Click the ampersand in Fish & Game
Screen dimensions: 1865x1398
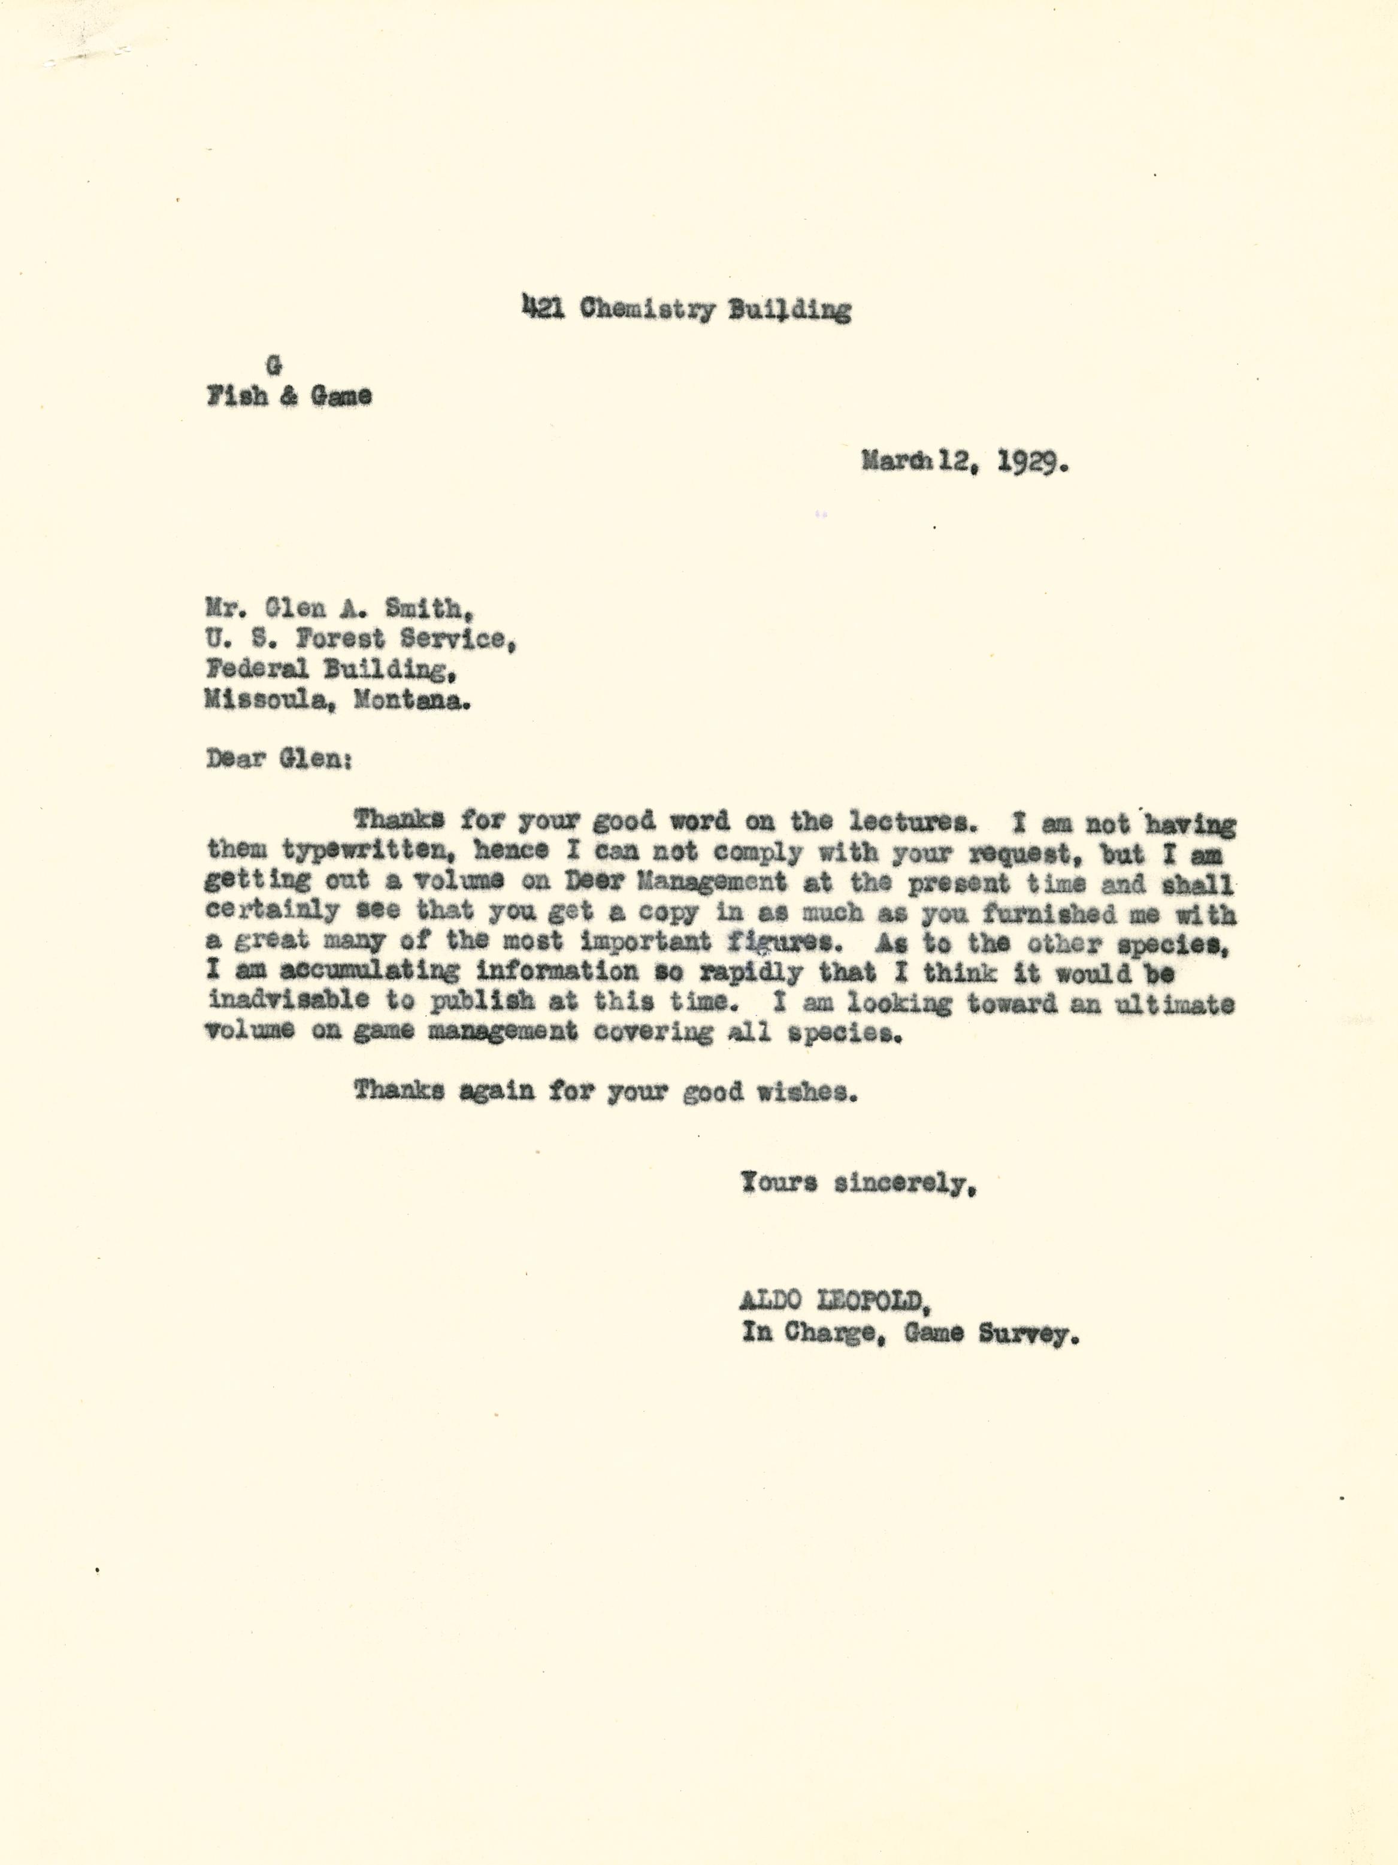pyautogui.click(x=288, y=396)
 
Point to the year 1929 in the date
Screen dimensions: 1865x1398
pyautogui.click(x=1032, y=463)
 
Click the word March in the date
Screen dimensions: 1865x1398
pyautogui.click(x=895, y=461)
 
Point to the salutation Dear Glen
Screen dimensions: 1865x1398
pyautogui.click(x=279, y=759)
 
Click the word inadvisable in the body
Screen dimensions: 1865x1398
pyautogui.click(x=288, y=1000)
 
